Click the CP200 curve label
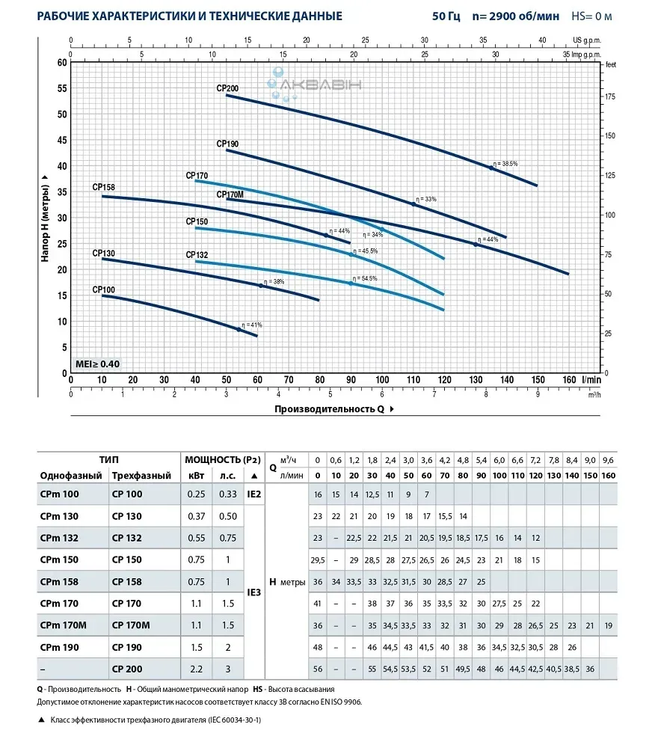coord(227,88)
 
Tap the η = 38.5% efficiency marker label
coord(506,164)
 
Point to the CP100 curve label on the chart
coord(104,289)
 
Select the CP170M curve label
coord(230,194)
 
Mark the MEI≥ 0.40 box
coord(97,364)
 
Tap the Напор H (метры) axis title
coord(46,215)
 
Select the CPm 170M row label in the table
coord(67,625)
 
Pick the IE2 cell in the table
coord(253,494)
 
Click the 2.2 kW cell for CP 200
coord(195,668)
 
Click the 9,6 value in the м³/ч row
coord(608,459)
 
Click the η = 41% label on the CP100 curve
coord(251,325)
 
